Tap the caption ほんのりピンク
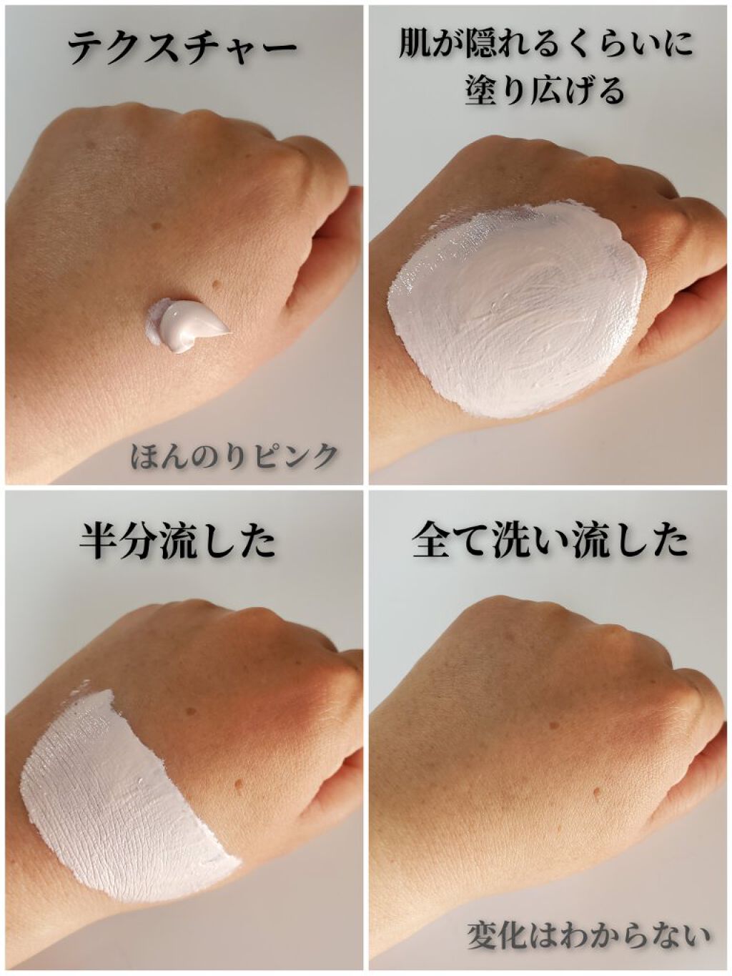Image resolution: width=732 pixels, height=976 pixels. point(233,455)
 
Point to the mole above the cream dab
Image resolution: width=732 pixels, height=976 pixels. point(219,287)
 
